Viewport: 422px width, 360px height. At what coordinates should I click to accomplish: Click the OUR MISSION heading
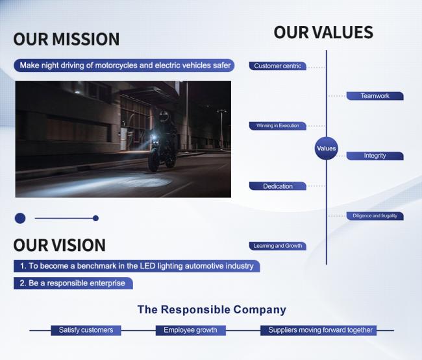(66, 39)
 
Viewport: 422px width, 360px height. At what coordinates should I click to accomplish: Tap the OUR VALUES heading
(323, 32)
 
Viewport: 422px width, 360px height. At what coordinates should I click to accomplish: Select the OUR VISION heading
(59, 245)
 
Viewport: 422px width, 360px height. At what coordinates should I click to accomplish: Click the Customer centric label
(277, 66)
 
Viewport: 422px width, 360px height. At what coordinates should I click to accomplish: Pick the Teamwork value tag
(375, 96)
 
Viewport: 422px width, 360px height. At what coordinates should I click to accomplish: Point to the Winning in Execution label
(277, 126)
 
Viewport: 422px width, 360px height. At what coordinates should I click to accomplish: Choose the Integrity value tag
(375, 156)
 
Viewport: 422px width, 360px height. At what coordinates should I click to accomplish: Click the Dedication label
(277, 186)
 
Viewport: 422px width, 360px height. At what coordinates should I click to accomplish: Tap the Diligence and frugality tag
(375, 216)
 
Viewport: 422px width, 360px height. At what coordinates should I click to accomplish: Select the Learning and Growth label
(277, 246)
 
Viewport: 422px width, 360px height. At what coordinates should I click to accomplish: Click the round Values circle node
(326, 148)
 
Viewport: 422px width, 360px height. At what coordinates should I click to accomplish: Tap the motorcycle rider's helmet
(163, 117)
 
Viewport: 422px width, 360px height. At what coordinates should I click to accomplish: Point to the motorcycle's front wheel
(153, 160)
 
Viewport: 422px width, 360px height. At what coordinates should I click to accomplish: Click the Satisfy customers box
(86, 330)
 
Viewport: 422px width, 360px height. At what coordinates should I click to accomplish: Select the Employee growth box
(190, 330)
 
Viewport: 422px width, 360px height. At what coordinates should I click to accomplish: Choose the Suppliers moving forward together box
(318, 330)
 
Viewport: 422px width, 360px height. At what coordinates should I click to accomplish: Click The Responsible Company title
(212, 309)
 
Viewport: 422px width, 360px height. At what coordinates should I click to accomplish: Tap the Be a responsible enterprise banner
(73, 283)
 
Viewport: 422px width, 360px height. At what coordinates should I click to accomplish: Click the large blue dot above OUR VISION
(20, 219)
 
